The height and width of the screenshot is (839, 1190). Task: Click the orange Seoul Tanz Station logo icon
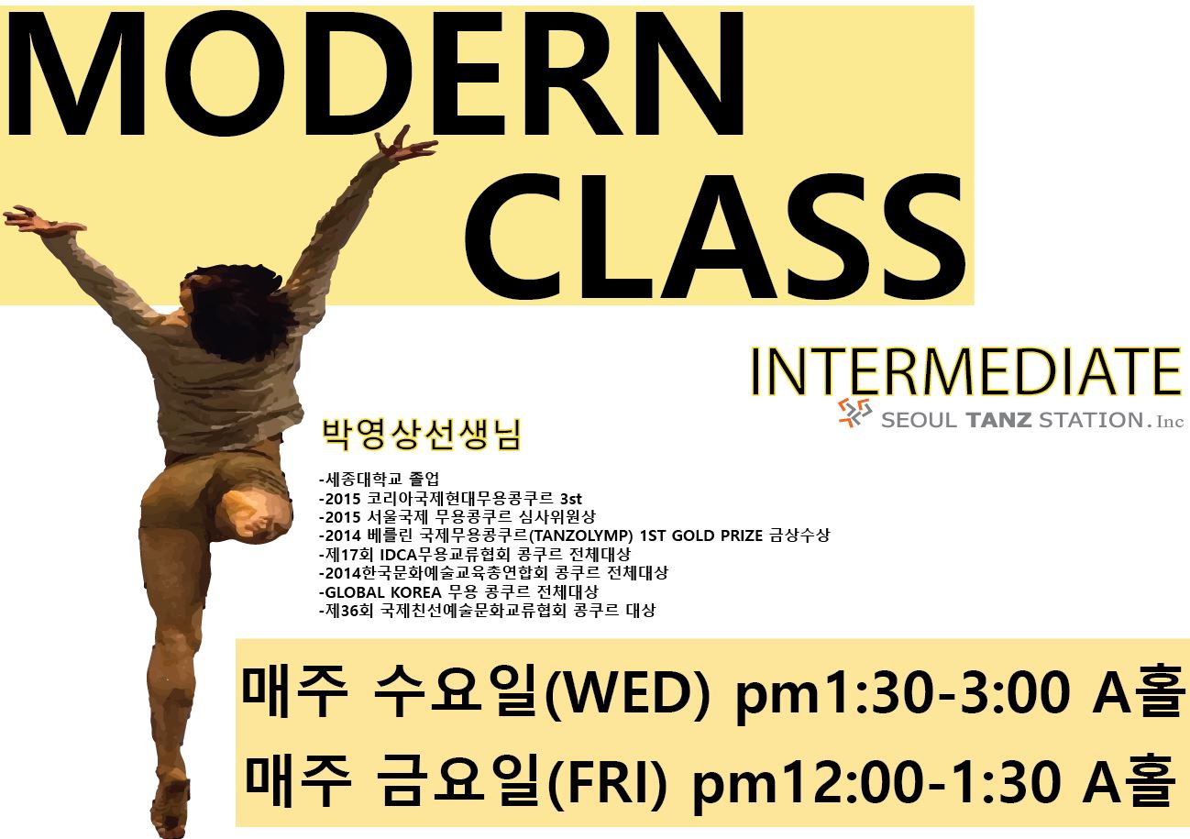pos(854,413)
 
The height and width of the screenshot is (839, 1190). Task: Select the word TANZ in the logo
pos(998,420)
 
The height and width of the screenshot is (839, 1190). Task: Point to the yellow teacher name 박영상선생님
pos(422,436)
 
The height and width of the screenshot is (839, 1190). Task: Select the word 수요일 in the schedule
pos(459,691)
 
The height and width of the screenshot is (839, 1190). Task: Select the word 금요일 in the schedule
pos(460,781)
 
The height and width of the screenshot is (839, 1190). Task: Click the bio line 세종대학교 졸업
pos(380,480)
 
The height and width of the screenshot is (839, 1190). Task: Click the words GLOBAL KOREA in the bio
pos(382,591)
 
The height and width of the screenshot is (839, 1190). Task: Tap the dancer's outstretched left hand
pos(38,220)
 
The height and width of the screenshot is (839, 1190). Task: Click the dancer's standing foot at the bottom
pos(170,808)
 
